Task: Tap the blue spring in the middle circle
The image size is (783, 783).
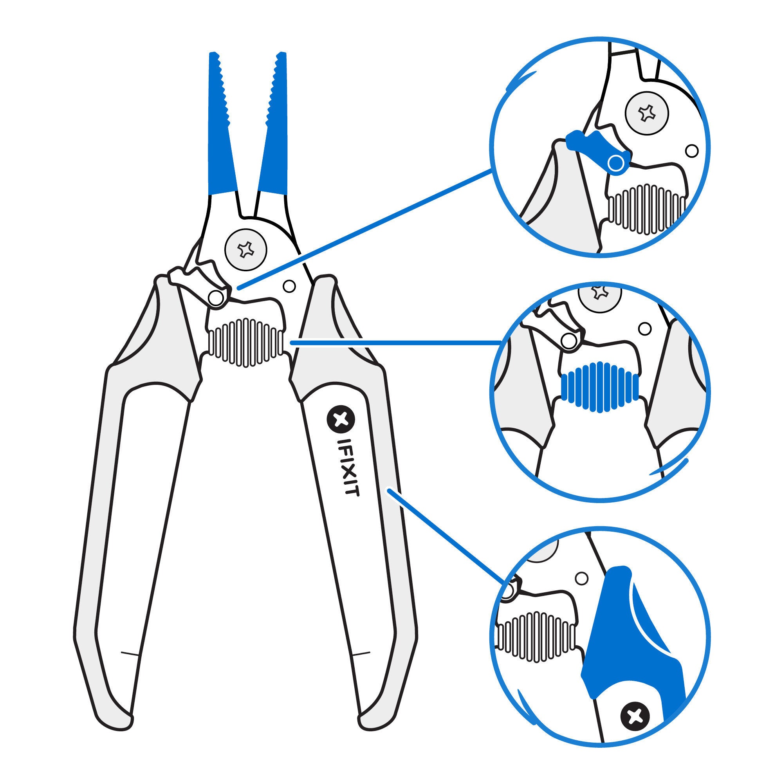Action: click(x=599, y=387)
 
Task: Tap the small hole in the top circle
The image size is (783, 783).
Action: click(x=692, y=151)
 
